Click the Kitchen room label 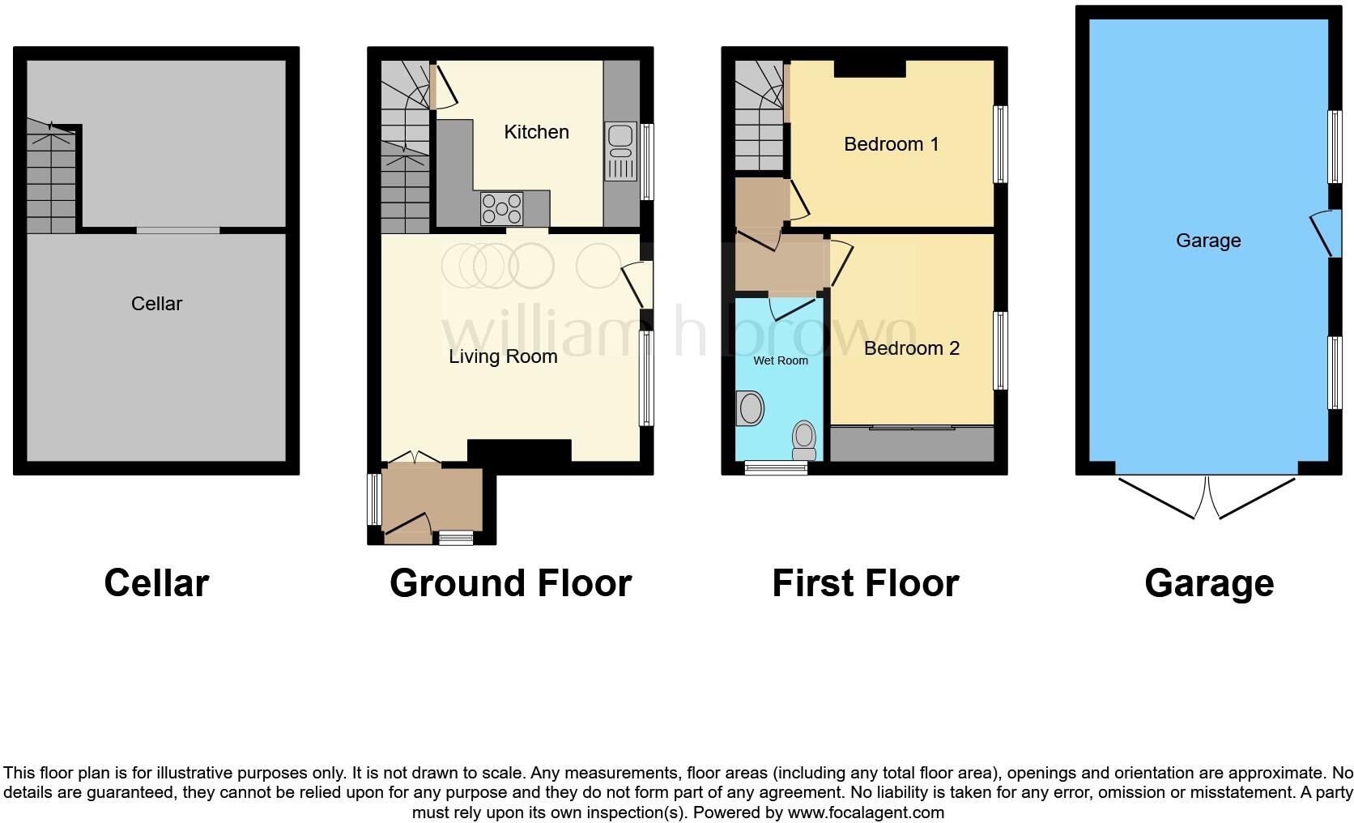point(536,132)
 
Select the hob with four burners point(502,208)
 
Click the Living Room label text point(503,356)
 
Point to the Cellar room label point(156,304)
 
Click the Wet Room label point(781,360)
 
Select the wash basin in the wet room point(751,408)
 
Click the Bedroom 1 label point(891,144)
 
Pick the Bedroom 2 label point(911,348)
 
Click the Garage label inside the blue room point(1208,241)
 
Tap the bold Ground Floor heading point(510,583)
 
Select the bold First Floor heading point(865,583)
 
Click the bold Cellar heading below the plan point(156,583)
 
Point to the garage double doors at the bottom point(1207,496)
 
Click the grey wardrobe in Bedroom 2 point(912,445)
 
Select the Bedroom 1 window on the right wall point(1001,144)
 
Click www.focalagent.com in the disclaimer point(865,812)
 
